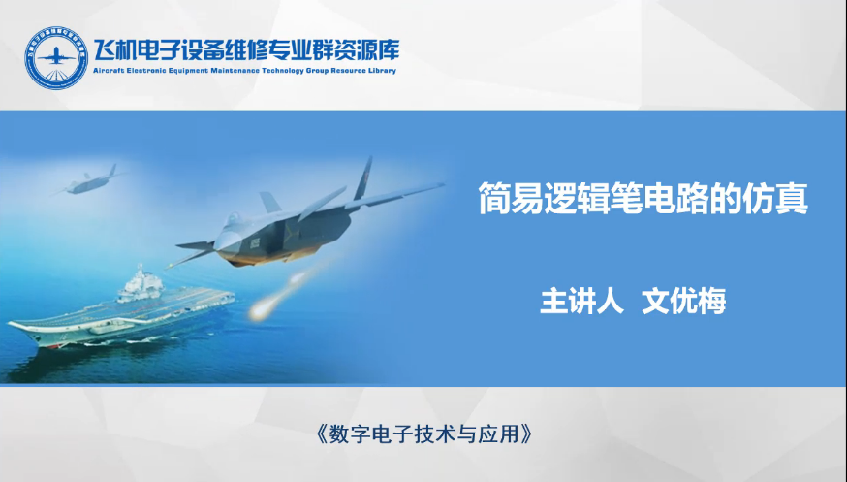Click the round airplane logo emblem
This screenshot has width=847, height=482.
[55, 58]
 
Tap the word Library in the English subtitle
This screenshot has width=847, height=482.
[382, 71]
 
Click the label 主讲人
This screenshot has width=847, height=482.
[581, 301]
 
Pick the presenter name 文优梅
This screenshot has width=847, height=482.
[684, 301]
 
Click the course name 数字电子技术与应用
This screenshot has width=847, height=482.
[424, 434]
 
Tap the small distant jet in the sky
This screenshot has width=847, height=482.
[89, 182]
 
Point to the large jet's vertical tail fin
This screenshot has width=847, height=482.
[363, 177]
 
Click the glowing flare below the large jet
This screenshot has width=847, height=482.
[260, 311]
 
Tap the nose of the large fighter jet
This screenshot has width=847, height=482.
[181, 246]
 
